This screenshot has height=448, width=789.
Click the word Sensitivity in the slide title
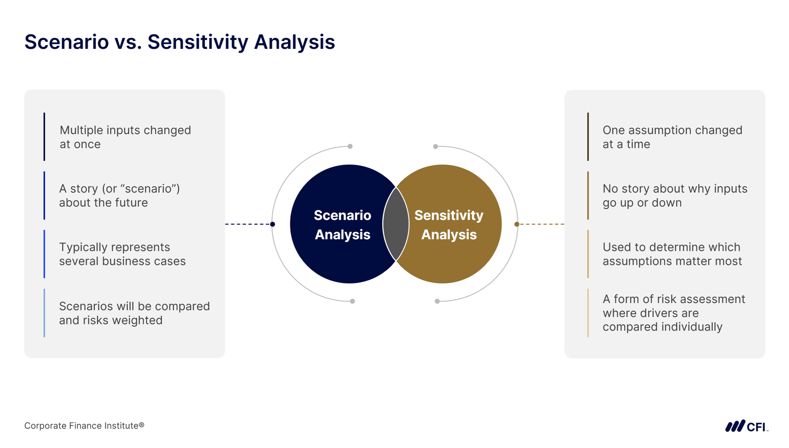coord(198,42)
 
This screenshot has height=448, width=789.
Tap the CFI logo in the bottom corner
coord(746,426)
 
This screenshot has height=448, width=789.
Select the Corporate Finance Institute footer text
coord(84,426)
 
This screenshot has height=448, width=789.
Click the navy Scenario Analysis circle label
coord(342,225)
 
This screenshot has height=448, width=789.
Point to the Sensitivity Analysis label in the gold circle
coord(449,225)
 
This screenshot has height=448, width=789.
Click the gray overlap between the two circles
coord(396,224)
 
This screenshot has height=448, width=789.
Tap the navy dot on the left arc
coord(272,224)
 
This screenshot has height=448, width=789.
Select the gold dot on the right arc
coord(517,224)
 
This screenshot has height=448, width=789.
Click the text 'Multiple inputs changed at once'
coord(125,137)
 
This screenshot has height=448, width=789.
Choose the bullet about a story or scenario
coord(119,195)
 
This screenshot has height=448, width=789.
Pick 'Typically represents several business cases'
coord(122,254)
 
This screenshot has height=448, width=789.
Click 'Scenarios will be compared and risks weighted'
coord(134,313)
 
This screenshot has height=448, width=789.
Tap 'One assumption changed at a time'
coord(672,137)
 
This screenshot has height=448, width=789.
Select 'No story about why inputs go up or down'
coord(675,195)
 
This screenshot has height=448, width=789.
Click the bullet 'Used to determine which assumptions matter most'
coord(672,254)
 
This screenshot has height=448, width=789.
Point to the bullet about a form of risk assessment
coord(674,313)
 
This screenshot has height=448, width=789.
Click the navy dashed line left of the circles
coord(248,224)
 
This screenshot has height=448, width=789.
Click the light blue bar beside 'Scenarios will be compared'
coord(44,313)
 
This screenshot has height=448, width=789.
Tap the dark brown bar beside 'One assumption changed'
coord(588,136)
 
